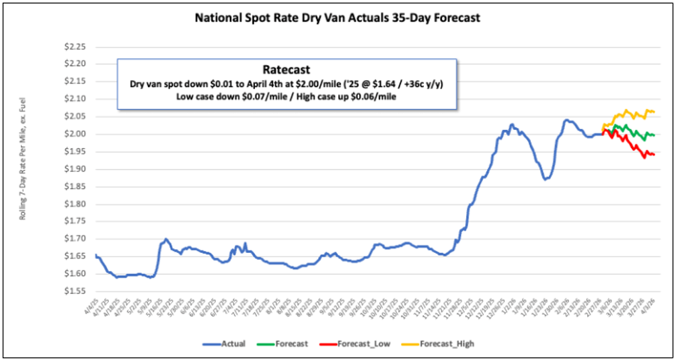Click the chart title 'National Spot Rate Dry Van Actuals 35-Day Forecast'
click(338, 18)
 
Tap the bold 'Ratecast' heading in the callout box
click(287, 70)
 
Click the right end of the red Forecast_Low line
click(654, 154)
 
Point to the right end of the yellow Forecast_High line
click(654, 112)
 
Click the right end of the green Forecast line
click(654, 135)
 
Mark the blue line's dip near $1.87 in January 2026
click(546, 179)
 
